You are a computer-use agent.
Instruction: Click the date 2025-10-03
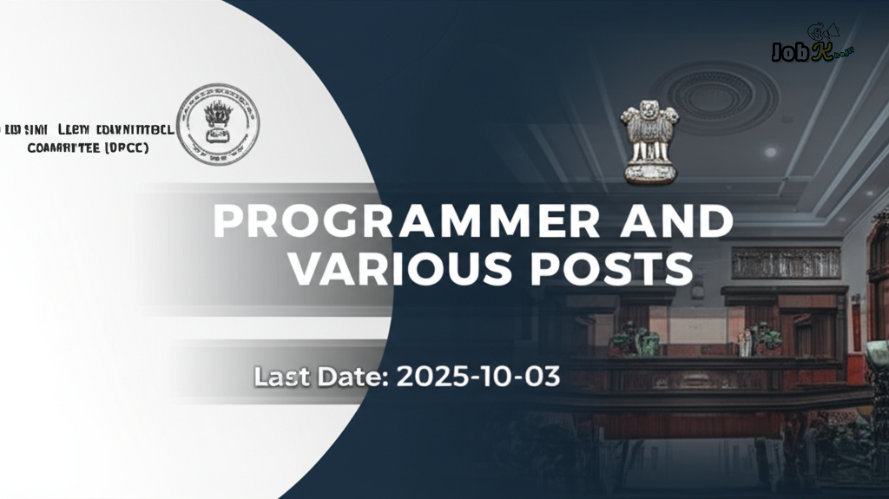pyautogui.click(x=477, y=377)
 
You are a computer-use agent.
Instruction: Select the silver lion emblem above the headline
pyautogui.click(x=649, y=139)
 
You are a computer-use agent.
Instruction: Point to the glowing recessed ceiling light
pyautogui.click(x=770, y=152)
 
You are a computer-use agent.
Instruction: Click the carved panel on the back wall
pyautogui.click(x=786, y=262)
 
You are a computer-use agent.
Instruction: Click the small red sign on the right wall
pyautogui.click(x=856, y=317)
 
